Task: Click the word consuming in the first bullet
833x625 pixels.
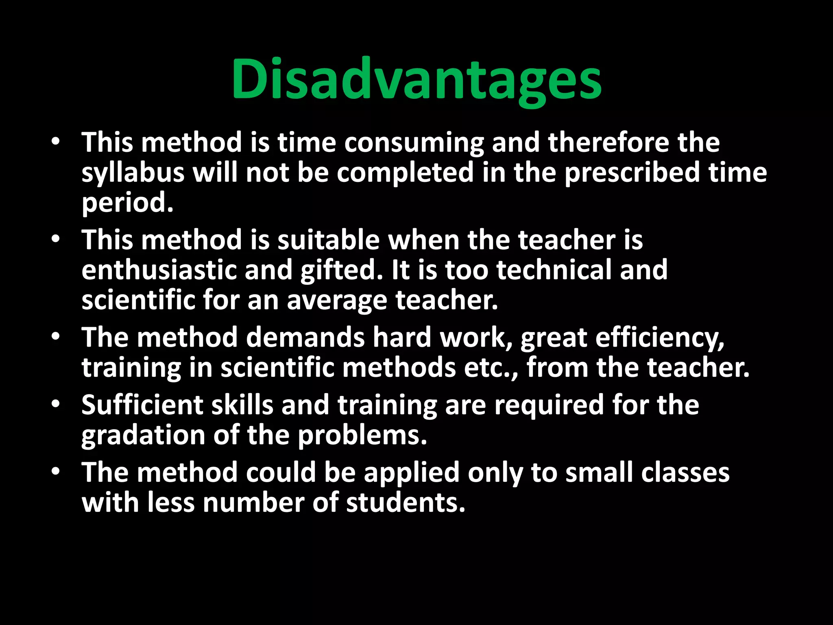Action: [x=414, y=143]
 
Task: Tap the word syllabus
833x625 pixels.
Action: [x=133, y=173]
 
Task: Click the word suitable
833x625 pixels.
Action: [x=329, y=240]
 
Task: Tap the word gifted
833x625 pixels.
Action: [x=342, y=271]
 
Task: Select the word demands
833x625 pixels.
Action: [x=305, y=337]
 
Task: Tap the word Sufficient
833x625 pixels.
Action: [x=142, y=405]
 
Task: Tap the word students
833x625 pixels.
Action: [x=406, y=503]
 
